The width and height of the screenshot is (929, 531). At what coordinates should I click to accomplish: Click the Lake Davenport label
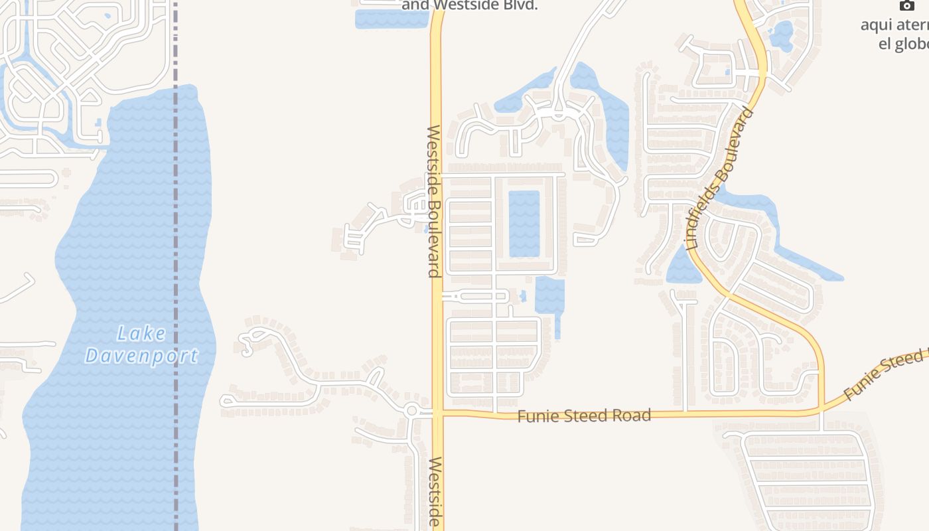pos(141,344)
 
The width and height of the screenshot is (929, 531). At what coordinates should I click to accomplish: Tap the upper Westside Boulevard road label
pos(434,200)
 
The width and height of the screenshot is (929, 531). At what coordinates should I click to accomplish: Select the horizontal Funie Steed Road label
pos(584,416)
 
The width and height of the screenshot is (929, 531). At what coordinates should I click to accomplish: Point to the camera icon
pos(906,5)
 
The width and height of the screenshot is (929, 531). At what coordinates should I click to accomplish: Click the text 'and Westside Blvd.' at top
pos(469,5)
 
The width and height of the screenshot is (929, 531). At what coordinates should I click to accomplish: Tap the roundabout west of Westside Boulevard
pos(411,411)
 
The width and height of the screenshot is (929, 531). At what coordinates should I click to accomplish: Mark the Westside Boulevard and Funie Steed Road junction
pos(437,413)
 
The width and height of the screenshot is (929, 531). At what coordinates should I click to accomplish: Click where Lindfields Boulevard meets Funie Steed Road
pos(822,408)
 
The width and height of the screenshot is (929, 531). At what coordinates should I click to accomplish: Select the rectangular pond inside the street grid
pos(524,224)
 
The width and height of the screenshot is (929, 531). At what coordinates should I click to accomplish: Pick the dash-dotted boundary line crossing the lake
pos(176,265)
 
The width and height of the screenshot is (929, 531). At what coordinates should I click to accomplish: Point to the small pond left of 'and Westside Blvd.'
pos(392,19)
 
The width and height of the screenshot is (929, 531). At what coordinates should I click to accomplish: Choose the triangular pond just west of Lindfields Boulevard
pos(682,267)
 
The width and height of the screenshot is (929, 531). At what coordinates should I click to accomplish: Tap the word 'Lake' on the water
pos(141,333)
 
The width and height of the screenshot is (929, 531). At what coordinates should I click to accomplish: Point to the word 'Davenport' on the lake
pos(141,356)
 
